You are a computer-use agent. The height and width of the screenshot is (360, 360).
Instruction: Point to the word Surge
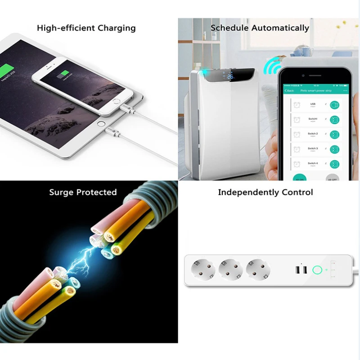point(62,193)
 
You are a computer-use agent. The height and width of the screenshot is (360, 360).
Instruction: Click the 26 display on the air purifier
point(230,77)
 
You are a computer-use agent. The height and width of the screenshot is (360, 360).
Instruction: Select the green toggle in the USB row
point(334,105)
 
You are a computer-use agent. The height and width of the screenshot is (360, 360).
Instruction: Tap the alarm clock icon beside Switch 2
point(297,135)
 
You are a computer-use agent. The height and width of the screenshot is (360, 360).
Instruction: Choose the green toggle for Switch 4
point(334,164)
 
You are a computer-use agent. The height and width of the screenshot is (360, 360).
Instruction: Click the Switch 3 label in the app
point(313,148)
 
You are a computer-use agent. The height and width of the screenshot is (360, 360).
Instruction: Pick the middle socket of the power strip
point(230,270)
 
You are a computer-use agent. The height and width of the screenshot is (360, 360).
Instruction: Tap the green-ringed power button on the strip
point(316,270)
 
